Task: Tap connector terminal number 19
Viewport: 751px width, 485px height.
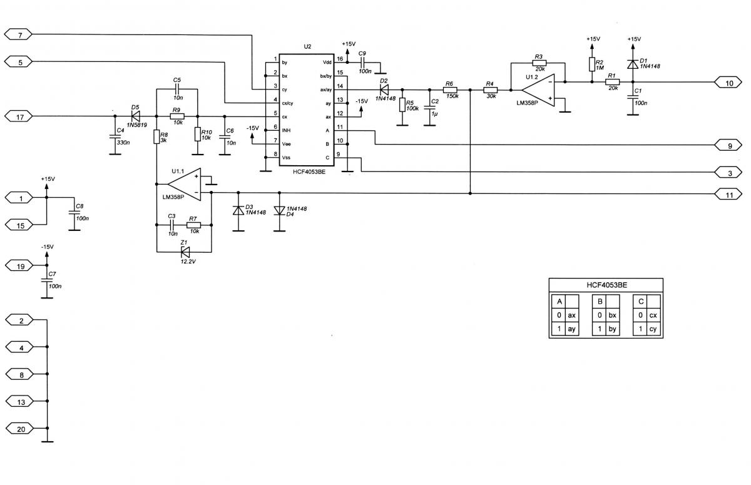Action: (21, 266)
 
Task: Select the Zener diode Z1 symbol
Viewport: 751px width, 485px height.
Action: (185, 252)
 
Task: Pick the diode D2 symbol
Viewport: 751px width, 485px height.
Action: (384, 89)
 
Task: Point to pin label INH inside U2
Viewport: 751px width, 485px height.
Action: (286, 130)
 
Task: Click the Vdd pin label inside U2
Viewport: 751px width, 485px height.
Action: (327, 63)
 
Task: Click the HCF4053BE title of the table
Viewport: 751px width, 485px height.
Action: (606, 285)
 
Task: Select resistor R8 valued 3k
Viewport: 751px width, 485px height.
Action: (156, 136)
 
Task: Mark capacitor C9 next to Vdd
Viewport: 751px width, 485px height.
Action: (362, 63)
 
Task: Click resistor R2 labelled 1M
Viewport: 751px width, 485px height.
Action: (591, 64)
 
